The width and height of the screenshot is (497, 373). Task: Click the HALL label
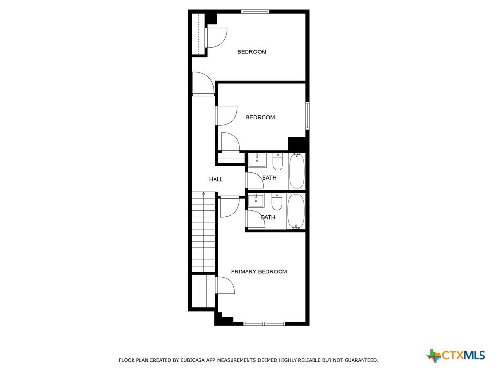click(216, 180)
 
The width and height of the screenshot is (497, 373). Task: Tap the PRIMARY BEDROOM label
click(259, 272)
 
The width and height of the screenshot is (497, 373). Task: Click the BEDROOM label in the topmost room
click(252, 51)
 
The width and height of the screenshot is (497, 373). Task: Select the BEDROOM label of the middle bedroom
click(260, 118)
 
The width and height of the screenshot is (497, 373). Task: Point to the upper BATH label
click(269, 178)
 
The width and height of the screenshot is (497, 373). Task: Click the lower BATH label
click(268, 217)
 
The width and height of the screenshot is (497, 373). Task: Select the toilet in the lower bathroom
click(277, 202)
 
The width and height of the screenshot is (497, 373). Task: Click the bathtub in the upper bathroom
click(297, 171)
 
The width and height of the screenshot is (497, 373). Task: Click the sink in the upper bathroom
click(257, 160)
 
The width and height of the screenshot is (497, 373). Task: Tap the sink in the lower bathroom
click(256, 201)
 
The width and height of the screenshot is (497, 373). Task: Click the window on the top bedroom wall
click(255, 12)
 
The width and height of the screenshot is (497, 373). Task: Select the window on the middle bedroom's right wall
click(307, 116)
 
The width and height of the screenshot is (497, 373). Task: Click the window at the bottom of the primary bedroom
click(264, 324)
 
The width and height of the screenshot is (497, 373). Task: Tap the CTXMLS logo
click(456, 355)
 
